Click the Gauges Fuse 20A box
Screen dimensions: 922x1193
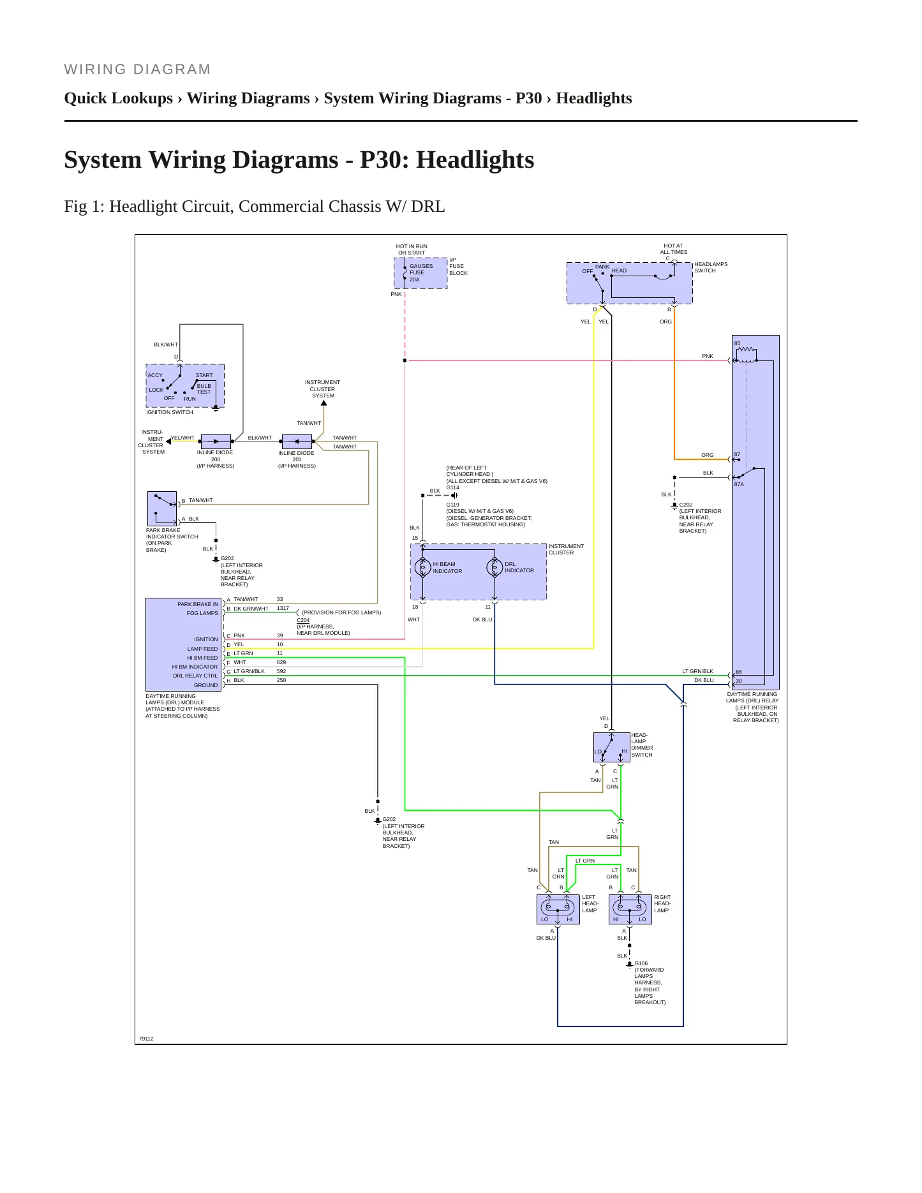(420, 273)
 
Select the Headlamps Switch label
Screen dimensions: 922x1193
(711, 267)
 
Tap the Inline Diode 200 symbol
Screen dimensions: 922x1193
(216, 441)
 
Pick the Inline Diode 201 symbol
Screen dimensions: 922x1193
(297, 441)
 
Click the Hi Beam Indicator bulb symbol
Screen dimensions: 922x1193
(422, 567)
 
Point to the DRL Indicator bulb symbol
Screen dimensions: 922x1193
(494, 567)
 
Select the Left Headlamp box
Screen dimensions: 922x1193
(558, 909)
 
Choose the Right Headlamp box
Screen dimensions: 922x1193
(630, 909)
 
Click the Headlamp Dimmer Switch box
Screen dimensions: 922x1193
(612, 747)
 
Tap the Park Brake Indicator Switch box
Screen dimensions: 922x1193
(162, 508)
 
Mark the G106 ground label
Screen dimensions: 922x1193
(641, 963)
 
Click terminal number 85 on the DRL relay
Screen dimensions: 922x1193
(737, 343)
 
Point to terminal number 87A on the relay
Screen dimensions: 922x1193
(739, 484)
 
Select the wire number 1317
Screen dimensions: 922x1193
(283, 608)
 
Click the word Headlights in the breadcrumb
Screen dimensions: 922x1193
(593, 98)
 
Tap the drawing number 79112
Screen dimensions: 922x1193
(146, 1039)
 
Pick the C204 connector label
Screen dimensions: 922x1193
(303, 620)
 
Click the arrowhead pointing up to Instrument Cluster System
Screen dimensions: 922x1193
(323, 403)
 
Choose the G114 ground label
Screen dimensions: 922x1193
(452, 487)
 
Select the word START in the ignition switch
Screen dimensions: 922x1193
(204, 375)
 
